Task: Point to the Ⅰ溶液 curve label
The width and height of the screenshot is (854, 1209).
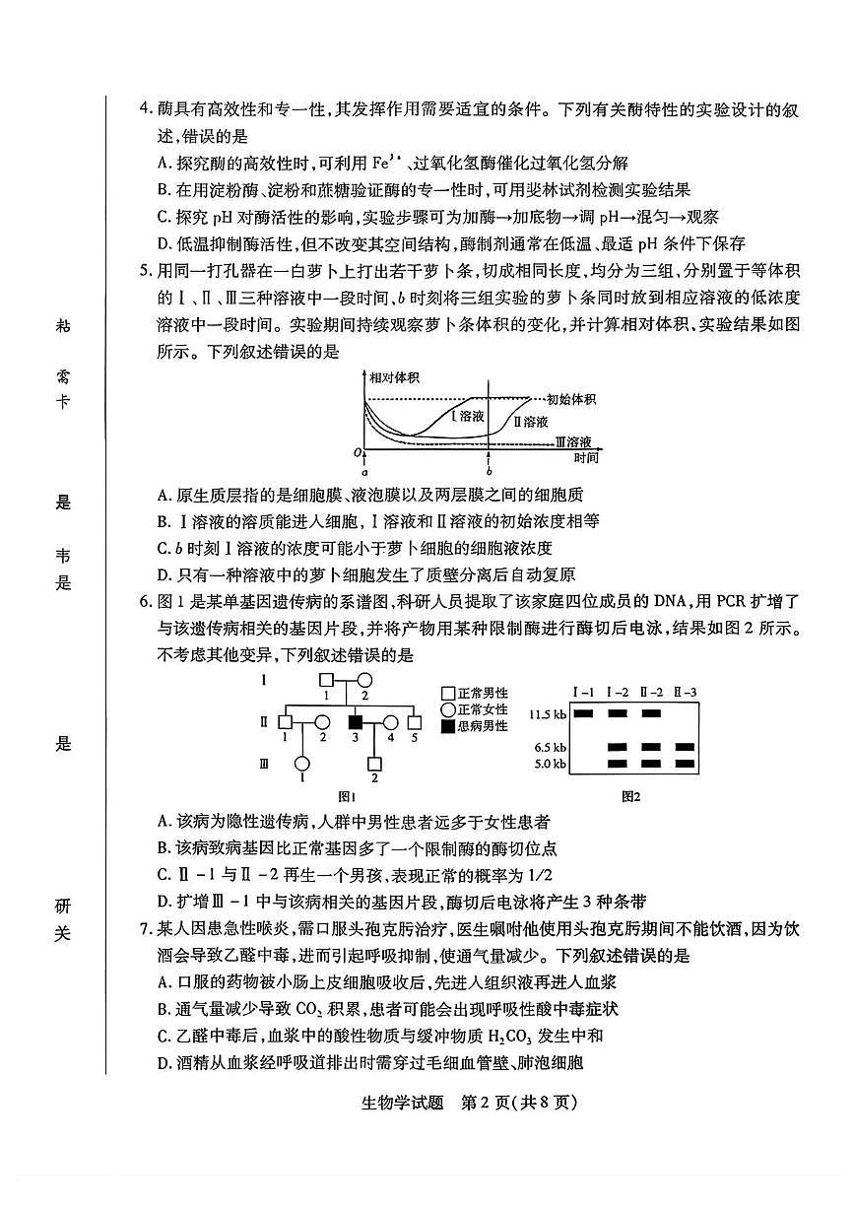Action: (x=468, y=416)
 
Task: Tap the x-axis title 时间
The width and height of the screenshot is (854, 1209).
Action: (x=586, y=458)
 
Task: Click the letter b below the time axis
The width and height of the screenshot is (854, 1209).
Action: (x=489, y=473)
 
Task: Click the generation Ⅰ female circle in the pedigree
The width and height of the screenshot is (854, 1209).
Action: (x=363, y=679)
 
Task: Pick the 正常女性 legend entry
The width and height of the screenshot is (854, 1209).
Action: (x=475, y=709)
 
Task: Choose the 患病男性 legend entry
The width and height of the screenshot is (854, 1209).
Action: (x=475, y=726)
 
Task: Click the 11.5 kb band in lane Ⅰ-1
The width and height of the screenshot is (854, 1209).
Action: (x=583, y=713)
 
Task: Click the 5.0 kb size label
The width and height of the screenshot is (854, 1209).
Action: (x=550, y=764)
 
